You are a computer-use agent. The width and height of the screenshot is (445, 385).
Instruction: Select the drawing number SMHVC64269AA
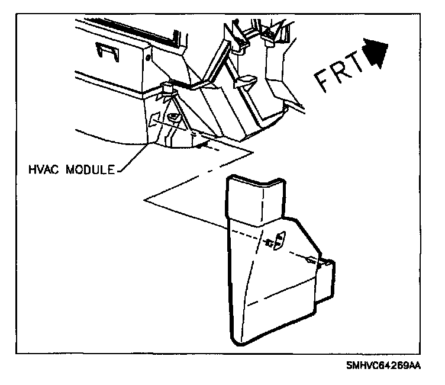coord(383,367)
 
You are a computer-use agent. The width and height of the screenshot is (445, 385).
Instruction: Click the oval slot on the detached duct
coord(279,239)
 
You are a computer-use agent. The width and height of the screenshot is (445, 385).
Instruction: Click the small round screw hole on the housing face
coord(149,56)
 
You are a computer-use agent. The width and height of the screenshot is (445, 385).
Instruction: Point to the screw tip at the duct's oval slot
coord(271,242)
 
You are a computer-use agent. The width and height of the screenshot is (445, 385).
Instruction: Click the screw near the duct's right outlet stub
coord(310,259)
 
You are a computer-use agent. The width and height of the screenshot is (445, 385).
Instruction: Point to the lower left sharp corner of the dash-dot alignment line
coord(145,201)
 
